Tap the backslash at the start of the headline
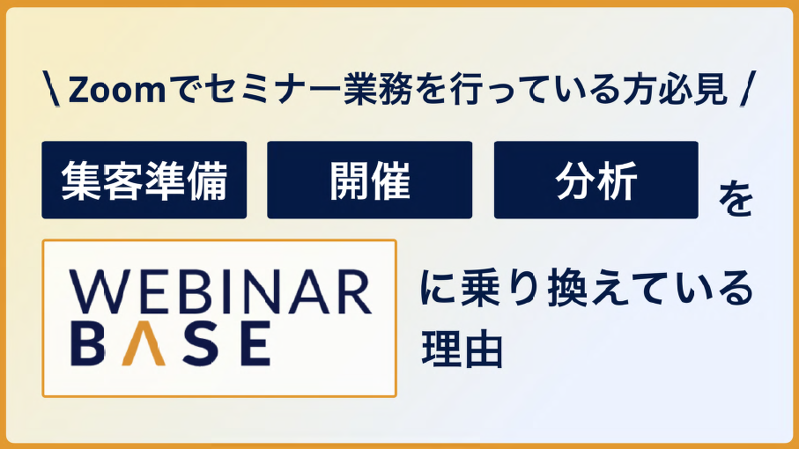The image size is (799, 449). (x=51, y=90)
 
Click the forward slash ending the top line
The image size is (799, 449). (x=746, y=90)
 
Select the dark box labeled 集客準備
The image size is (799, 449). (x=144, y=180)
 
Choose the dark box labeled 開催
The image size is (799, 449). (x=369, y=180)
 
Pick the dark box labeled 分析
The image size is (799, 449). (x=596, y=180)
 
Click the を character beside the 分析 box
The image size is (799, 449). (x=735, y=200)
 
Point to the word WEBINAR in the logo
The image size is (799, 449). (x=220, y=292)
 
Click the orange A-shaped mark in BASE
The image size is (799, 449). (x=144, y=343)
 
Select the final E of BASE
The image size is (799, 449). (x=253, y=343)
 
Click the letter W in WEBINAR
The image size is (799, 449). (x=97, y=292)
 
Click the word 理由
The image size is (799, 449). (x=462, y=350)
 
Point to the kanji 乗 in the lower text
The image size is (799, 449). (x=481, y=289)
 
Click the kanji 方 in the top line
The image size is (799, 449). (x=636, y=90)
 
